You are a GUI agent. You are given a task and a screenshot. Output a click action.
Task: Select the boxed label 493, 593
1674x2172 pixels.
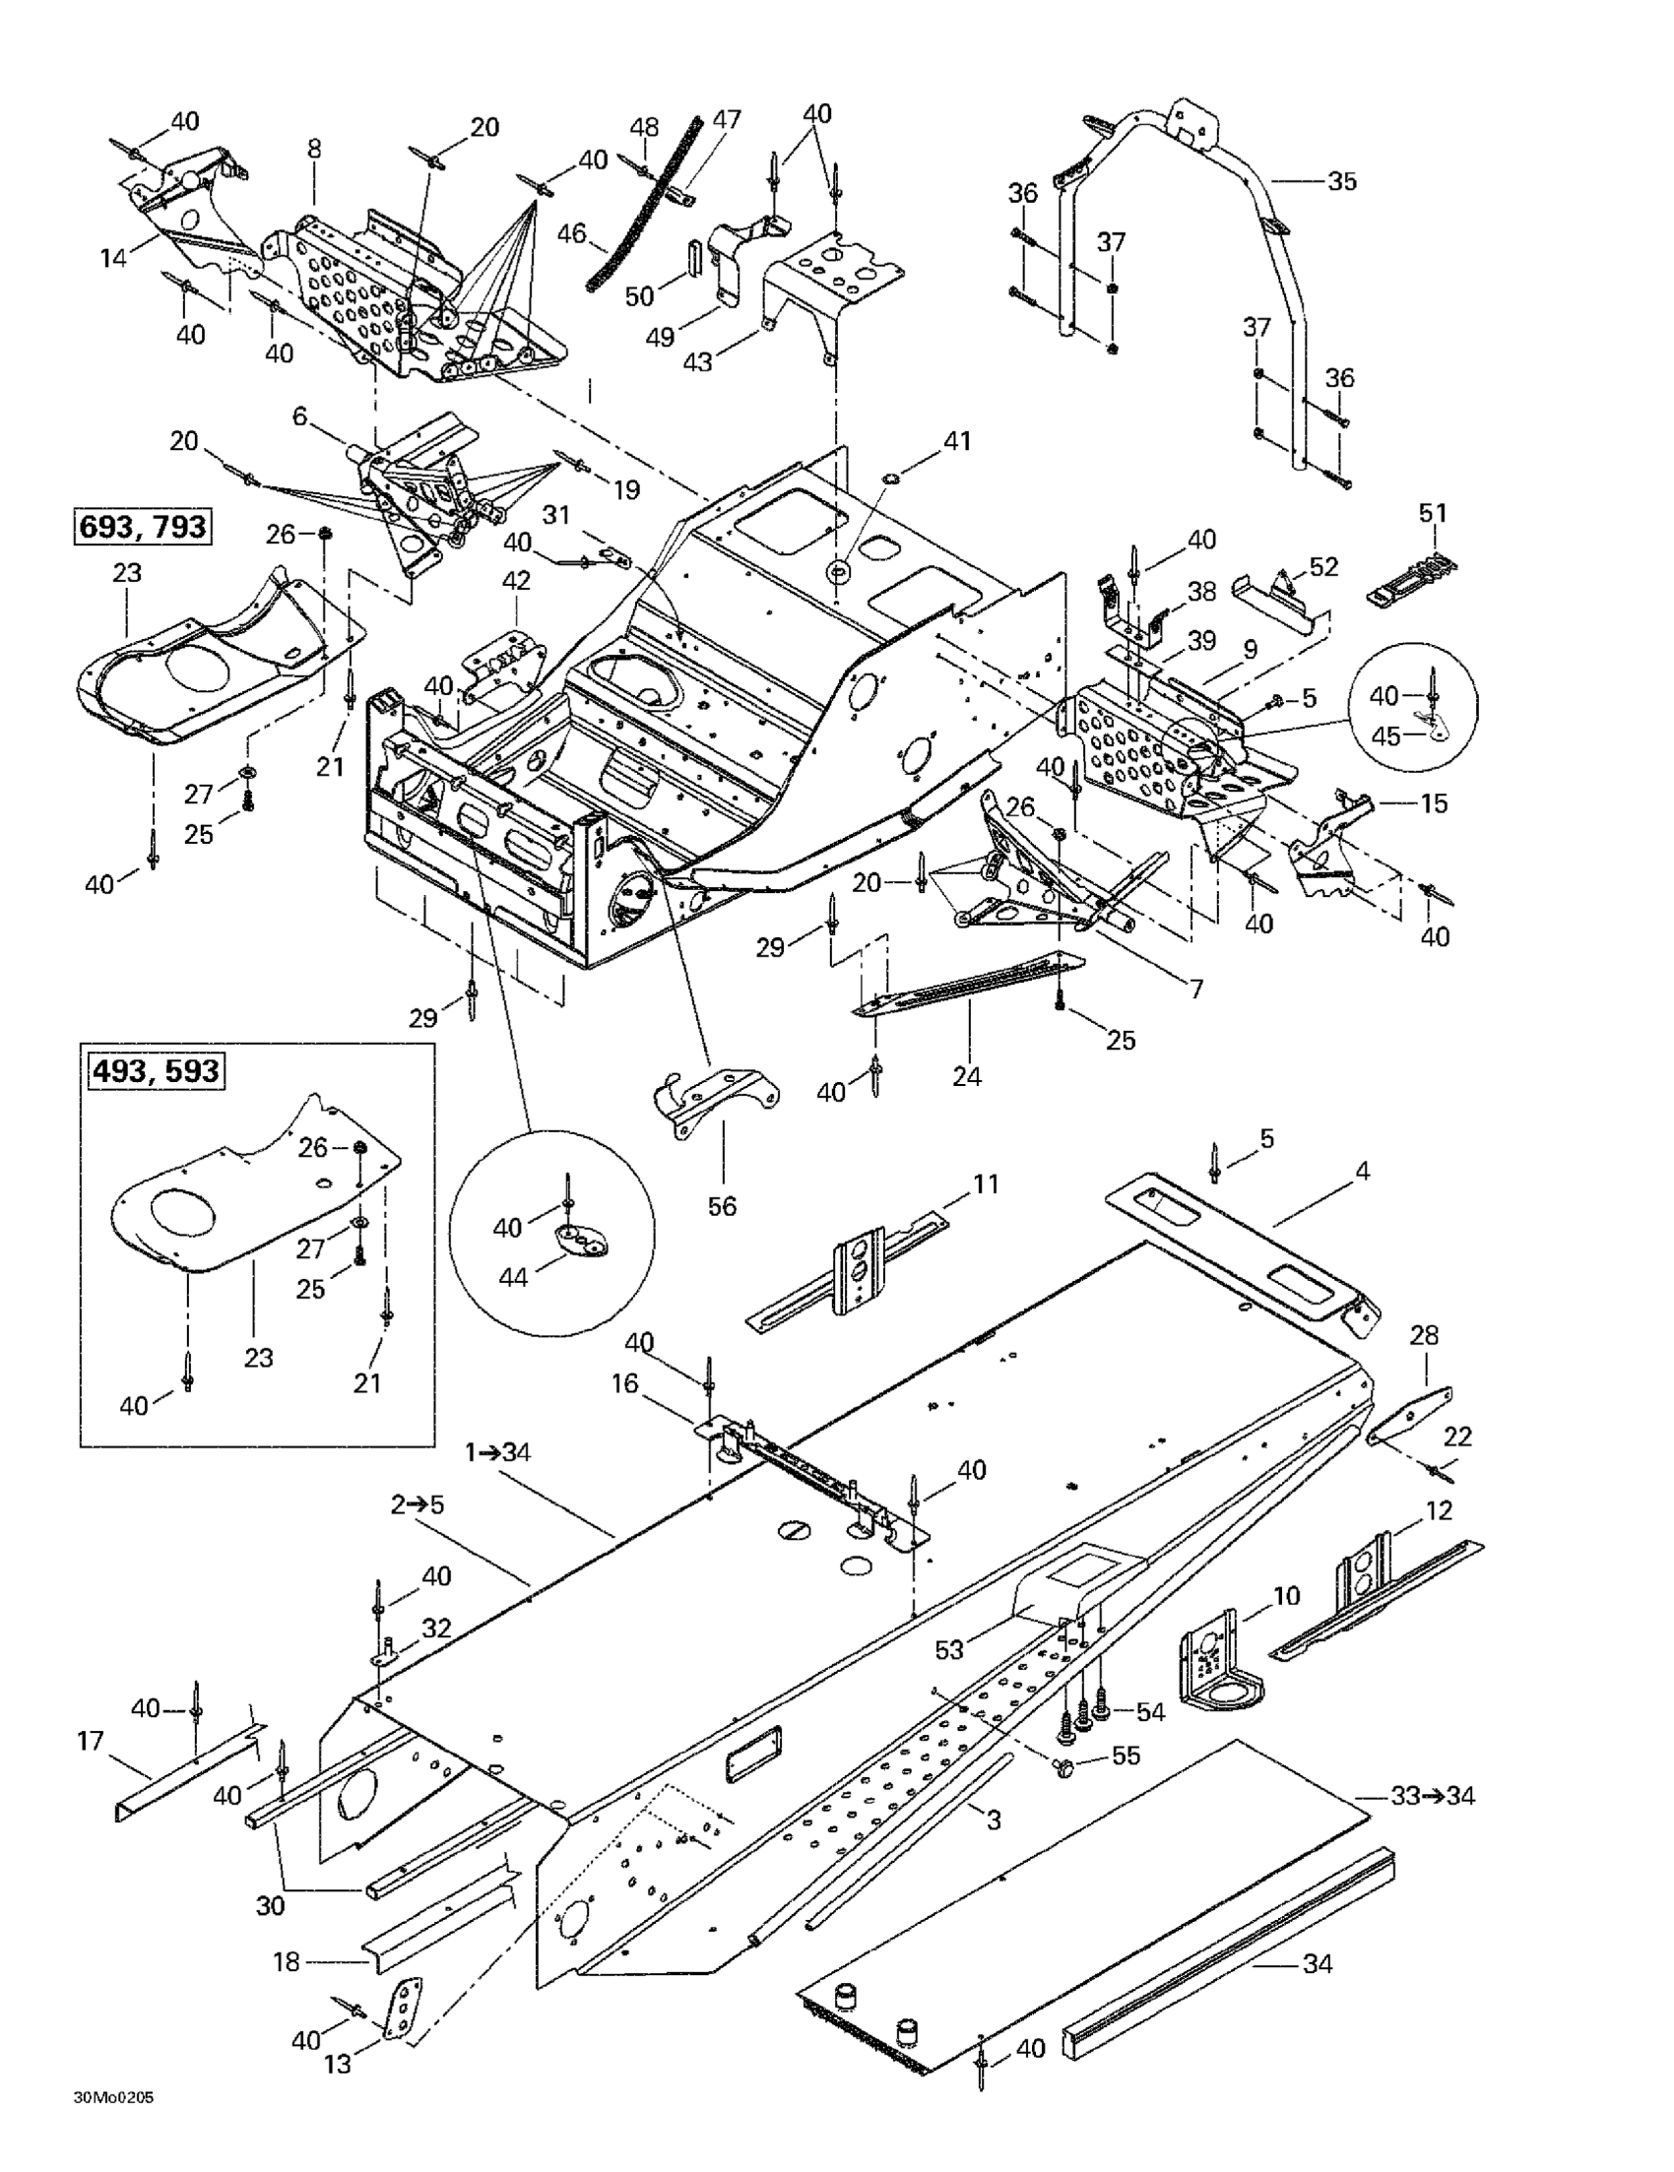[157, 1071]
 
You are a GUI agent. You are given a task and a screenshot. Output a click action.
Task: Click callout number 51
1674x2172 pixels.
[1433, 513]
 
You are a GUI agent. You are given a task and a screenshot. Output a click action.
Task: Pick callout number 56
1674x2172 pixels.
[722, 1206]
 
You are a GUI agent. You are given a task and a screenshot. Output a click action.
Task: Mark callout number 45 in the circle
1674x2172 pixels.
[1385, 735]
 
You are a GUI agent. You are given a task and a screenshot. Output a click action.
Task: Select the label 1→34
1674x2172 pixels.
[498, 1453]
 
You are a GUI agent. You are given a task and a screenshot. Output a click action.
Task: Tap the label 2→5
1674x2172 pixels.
[417, 1504]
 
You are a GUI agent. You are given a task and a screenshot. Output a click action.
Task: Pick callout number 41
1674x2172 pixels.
[958, 440]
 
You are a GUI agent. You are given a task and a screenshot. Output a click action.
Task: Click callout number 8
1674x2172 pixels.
[314, 150]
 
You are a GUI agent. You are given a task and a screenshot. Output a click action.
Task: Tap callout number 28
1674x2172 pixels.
[1424, 1335]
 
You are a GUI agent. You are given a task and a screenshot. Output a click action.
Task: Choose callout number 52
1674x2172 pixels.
[1323, 566]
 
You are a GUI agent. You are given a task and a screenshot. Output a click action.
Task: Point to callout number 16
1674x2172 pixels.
[624, 1383]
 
